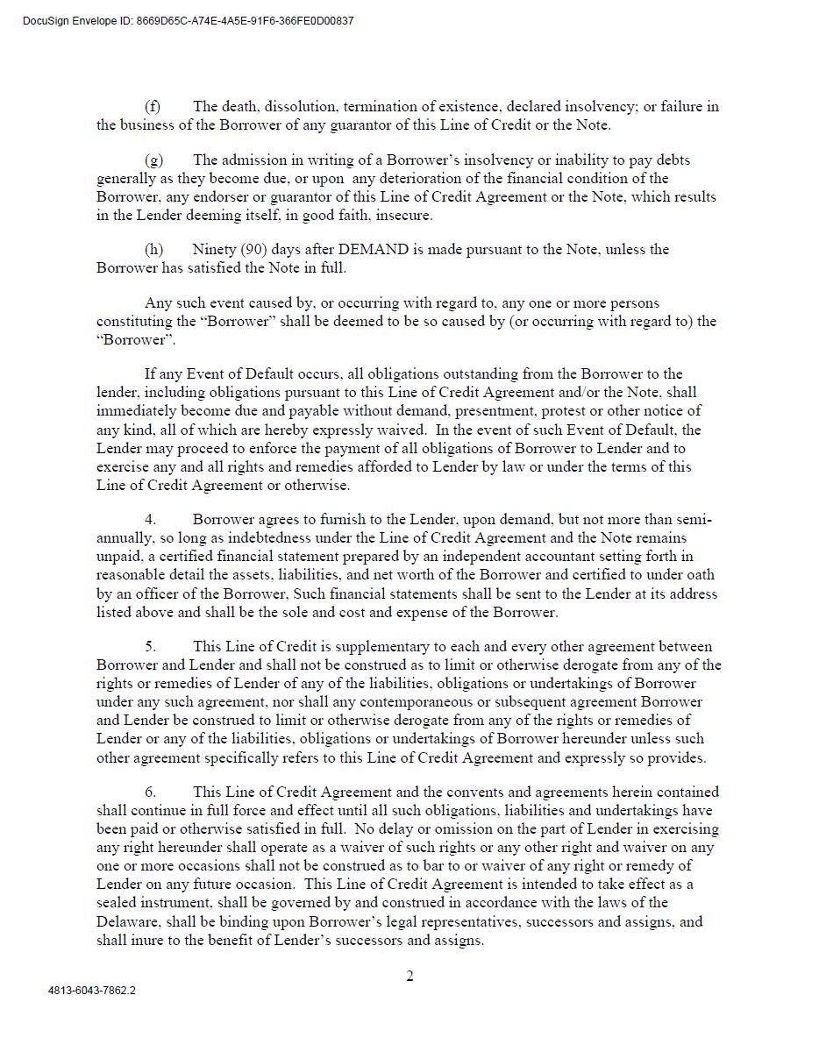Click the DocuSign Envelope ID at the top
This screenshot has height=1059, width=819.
point(189,21)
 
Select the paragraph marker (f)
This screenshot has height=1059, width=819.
point(153,107)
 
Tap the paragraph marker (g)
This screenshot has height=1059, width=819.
point(153,160)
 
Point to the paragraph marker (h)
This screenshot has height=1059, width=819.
point(153,250)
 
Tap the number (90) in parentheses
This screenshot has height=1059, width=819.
point(253,250)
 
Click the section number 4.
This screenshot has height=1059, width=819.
point(150,520)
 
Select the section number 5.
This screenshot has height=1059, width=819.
point(150,647)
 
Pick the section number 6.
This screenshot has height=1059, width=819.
point(150,792)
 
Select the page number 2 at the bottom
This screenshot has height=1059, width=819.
point(409,977)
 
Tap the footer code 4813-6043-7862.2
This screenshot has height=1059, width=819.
point(92,991)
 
